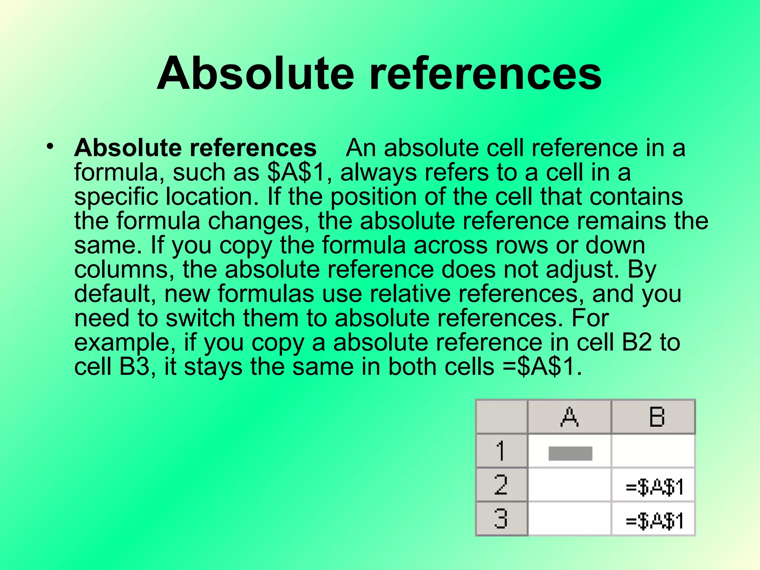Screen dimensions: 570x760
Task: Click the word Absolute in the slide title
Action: click(255, 73)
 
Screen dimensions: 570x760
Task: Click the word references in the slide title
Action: click(485, 73)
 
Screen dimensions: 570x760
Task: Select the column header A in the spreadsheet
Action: click(569, 417)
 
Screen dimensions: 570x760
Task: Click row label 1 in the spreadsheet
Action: click(501, 451)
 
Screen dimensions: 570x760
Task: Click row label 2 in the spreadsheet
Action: click(501, 485)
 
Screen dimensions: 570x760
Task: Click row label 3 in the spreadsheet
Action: click(501, 519)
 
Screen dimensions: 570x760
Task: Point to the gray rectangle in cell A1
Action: click(570, 453)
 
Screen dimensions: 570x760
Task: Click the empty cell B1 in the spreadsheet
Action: click(653, 451)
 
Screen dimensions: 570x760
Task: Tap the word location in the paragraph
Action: click(212, 197)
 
